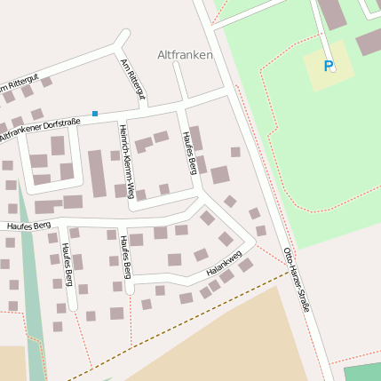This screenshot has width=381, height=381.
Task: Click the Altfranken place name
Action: coord(185,55)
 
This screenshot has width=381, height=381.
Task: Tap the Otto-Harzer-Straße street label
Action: coord(296,280)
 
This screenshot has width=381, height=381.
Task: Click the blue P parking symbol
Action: coord(328,66)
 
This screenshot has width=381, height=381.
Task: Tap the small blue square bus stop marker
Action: coord(95,113)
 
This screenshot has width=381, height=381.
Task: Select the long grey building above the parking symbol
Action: coord(332,12)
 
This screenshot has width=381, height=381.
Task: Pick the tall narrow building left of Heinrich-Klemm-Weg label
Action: coord(97,173)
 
